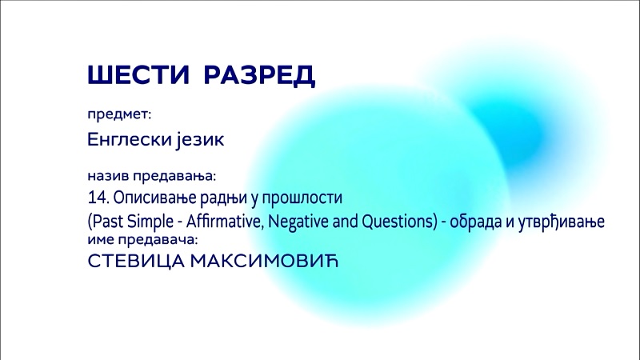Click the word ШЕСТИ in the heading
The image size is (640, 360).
click(138, 74)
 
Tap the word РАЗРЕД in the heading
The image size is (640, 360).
click(259, 75)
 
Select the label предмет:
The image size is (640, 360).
click(119, 114)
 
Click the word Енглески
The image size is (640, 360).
click(130, 139)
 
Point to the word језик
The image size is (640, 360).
click(201, 140)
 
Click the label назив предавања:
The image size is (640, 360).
click(151, 176)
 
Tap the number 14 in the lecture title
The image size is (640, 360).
click(96, 198)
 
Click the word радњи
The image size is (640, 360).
click(224, 198)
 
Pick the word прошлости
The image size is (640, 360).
click(302, 198)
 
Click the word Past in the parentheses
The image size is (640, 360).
click(108, 222)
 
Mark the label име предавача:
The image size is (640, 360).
click(142, 239)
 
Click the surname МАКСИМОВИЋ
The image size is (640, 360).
click(265, 261)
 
